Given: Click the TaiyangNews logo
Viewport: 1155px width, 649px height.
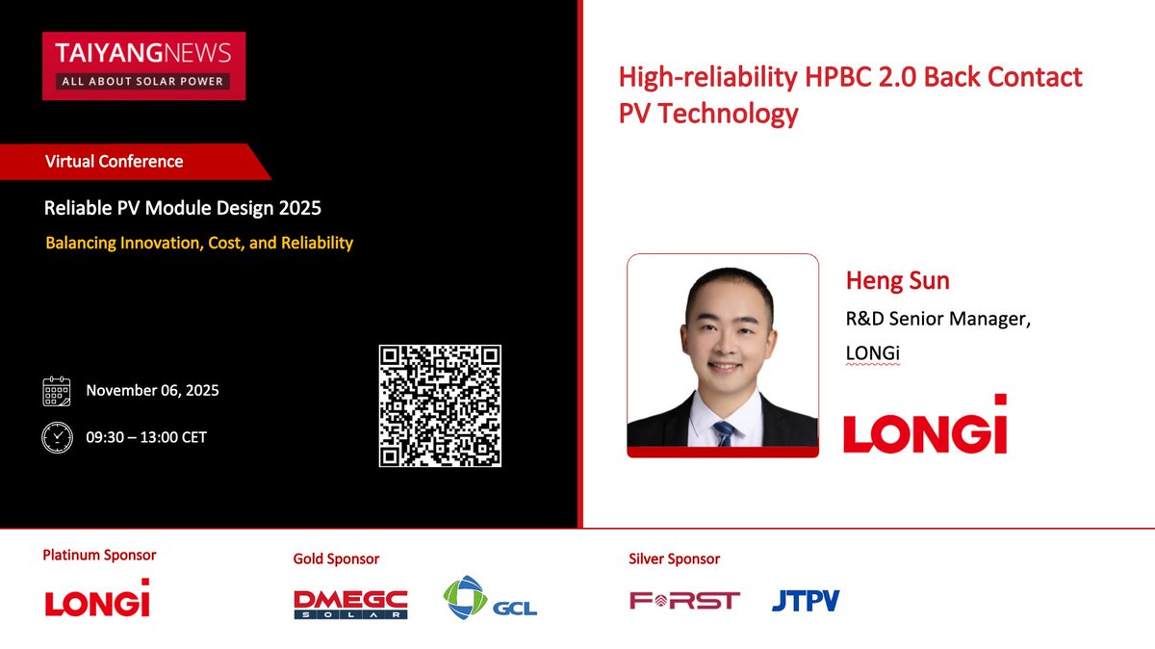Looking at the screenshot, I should tap(143, 65).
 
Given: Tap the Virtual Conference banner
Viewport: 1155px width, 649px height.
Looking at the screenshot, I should tap(125, 162).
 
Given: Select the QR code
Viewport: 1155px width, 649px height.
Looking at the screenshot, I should tap(441, 405).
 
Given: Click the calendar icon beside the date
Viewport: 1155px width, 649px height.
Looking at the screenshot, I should tap(57, 391).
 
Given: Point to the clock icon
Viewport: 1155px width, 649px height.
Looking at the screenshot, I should tap(57, 437).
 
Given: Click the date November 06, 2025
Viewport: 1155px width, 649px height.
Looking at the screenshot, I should tap(152, 391).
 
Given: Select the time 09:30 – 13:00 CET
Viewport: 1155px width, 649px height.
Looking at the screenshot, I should tap(146, 437).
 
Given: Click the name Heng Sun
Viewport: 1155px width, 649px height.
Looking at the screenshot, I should tap(897, 281).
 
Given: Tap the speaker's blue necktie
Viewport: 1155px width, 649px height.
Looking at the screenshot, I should tap(725, 431).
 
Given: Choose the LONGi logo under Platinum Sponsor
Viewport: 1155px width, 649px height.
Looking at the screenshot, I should tap(97, 599).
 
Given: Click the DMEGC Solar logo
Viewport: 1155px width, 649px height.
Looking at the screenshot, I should tap(350, 604).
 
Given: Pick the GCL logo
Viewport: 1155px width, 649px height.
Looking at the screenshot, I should tap(490, 597).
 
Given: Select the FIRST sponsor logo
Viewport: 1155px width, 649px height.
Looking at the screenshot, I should tap(684, 601).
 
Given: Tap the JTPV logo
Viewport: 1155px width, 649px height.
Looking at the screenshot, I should tap(806, 601).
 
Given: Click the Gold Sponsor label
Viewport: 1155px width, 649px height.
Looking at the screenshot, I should tap(336, 558).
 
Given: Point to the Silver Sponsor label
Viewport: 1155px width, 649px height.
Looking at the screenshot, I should tap(674, 558).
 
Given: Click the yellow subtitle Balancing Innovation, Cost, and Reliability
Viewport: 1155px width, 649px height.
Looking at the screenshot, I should tap(199, 243).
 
